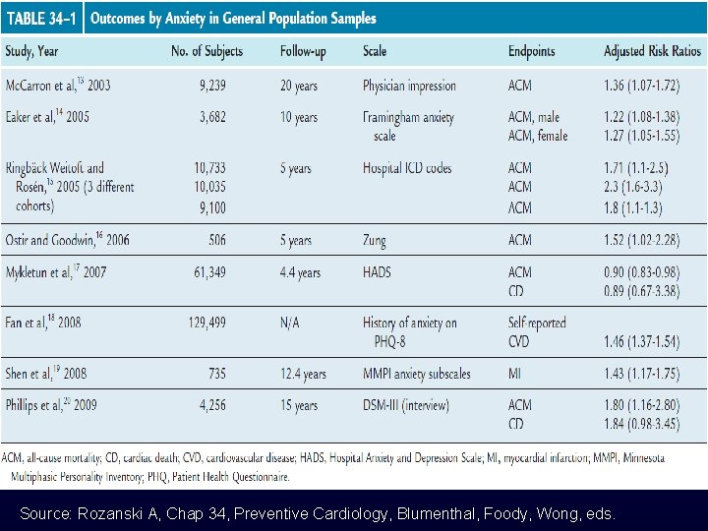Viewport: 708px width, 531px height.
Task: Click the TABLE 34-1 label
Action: pyautogui.click(x=42, y=19)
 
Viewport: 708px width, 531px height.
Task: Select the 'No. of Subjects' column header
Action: pyautogui.click(x=206, y=51)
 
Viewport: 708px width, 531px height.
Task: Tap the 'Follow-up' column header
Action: pyautogui.click(x=307, y=51)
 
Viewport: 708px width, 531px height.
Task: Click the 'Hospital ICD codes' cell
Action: pyautogui.click(x=407, y=168)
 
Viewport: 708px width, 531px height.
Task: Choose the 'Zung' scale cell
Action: pyautogui.click(x=376, y=240)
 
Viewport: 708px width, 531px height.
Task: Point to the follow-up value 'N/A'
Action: pyautogui.click(x=291, y=323)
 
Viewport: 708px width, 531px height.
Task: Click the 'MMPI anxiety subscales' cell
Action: pyautogui.click(x=416, y=374)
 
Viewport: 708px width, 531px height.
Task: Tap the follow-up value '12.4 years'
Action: pyautogui.click(x=302, y=374)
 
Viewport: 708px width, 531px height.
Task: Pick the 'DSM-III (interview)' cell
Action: pyautogui.click(x=405, y=404)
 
